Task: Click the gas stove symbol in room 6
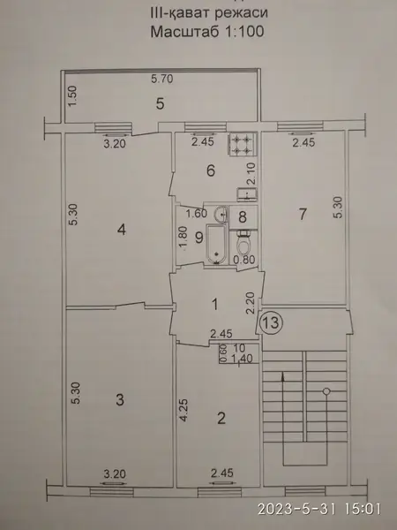243,144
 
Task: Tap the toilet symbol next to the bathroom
243,244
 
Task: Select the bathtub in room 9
217,245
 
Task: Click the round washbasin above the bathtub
221,214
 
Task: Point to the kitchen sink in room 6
247,194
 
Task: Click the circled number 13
271,322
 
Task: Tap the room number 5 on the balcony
160,103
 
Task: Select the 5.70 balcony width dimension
162,79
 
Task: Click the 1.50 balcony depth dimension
73,96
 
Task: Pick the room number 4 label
122,230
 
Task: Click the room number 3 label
120,400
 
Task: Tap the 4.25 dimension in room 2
184,411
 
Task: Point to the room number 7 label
303,214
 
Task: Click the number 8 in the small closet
243,217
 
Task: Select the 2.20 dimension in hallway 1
251,304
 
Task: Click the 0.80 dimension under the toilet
244,260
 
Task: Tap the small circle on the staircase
326,391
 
